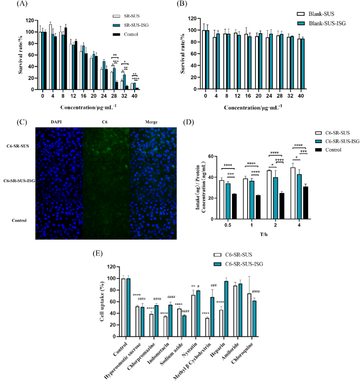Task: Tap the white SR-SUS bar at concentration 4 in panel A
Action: pos(50,57)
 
